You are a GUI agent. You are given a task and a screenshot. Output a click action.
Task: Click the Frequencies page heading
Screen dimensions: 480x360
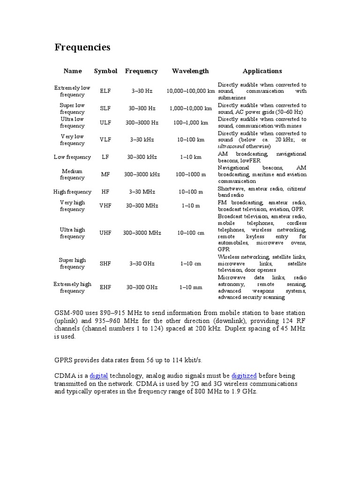[x=82, y=47]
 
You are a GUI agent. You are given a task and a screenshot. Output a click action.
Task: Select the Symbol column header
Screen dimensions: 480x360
[x=105, y=71]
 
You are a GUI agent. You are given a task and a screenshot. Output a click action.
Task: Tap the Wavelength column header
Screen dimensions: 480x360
[x=190, y=71]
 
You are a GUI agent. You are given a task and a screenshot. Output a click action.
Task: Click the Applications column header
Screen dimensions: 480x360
[x=262, y=71]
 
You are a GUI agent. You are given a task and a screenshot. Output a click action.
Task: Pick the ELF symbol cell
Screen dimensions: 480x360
[x=105, y=91]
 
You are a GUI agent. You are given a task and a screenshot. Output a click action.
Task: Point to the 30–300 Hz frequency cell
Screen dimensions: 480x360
[x=142, y=108]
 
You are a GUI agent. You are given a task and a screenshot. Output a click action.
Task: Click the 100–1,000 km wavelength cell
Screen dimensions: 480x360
[x=190, y=122]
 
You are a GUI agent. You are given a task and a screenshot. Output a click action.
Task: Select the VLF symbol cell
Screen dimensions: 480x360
[x=105, y=140]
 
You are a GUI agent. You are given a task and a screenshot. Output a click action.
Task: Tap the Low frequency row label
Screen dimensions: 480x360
[x=72, y=157]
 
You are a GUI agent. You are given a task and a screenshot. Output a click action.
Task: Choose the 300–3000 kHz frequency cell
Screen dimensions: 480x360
[x=142, y=174]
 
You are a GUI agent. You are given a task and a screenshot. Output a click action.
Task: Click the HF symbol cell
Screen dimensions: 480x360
[x=105, y=192]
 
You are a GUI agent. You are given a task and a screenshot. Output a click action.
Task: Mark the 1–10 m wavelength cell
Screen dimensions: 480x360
[x=190, y=206]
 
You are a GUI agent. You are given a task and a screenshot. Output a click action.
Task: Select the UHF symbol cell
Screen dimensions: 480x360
[x=105, y=233]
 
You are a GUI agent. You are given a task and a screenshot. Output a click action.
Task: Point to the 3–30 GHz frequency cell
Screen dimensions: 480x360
[x=142, y=263]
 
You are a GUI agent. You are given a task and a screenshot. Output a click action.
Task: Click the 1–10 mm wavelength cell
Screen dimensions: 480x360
[x=190, y=287]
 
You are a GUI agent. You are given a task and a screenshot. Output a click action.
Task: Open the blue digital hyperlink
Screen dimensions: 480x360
[x=99, y=375]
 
